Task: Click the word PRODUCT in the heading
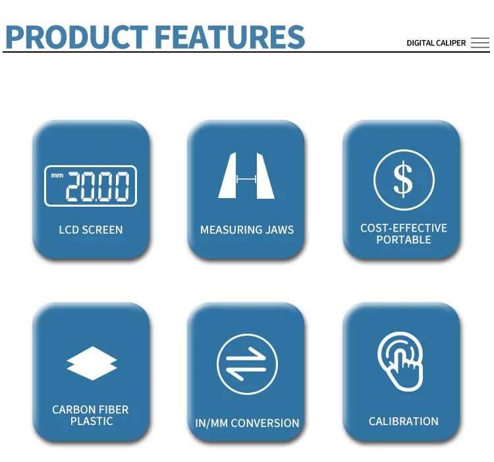tap(77, 37)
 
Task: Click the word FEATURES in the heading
tap(230, 37)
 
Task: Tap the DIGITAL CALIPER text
tap(436, 43)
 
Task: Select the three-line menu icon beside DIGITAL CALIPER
tap(480, 43)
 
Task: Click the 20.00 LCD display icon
tap(91, 186)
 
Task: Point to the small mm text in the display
tap(57, 175)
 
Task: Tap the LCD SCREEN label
tap(91, 230)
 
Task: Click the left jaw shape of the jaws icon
tap(227, 176)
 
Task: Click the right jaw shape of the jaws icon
tap(265, 176)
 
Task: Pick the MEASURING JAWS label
tap(247, 230)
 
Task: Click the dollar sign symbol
tap(403, 180)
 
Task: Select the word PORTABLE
tap(404, 240)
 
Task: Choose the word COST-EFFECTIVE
tap(404, 228)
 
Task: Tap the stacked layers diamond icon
tap(92, 363)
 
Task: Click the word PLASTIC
tap(92, 421)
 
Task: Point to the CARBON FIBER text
tap(90, 409)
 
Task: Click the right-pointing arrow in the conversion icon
tap(246, 355)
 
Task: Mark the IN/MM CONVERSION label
tap(247, 423)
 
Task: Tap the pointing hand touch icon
tap(400, 361)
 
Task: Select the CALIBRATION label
tap(404, 421)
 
